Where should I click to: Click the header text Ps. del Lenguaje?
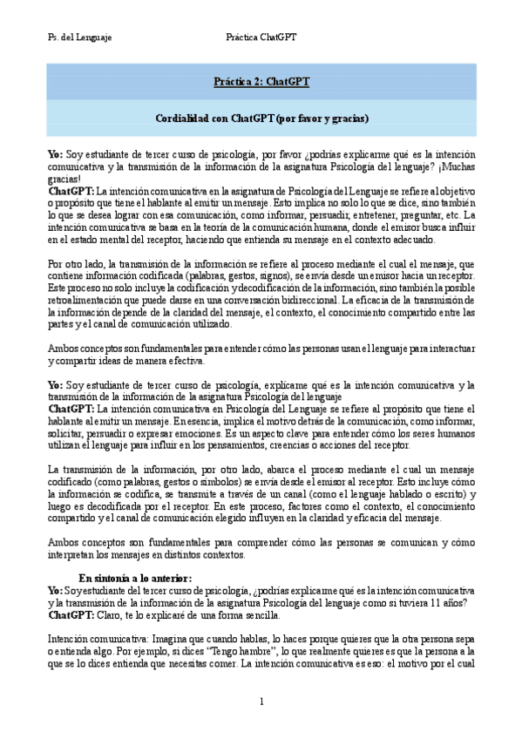point(79,37)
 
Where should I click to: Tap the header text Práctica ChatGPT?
point(261,37)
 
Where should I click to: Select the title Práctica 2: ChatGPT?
point(261,83)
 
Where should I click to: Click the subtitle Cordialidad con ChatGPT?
point(261,118)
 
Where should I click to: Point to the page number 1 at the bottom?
point(261,702)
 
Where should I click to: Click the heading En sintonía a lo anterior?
point(135,578)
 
